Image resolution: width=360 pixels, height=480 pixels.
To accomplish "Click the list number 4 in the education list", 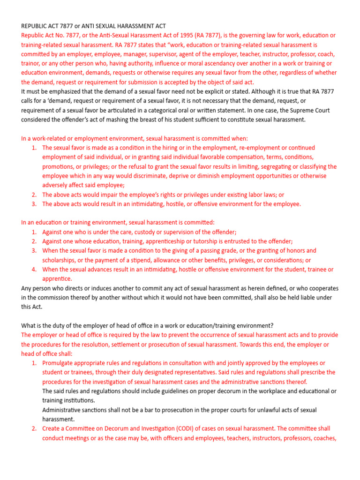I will (34, 270).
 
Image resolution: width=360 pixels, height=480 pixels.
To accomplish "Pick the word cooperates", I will (317, 288).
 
